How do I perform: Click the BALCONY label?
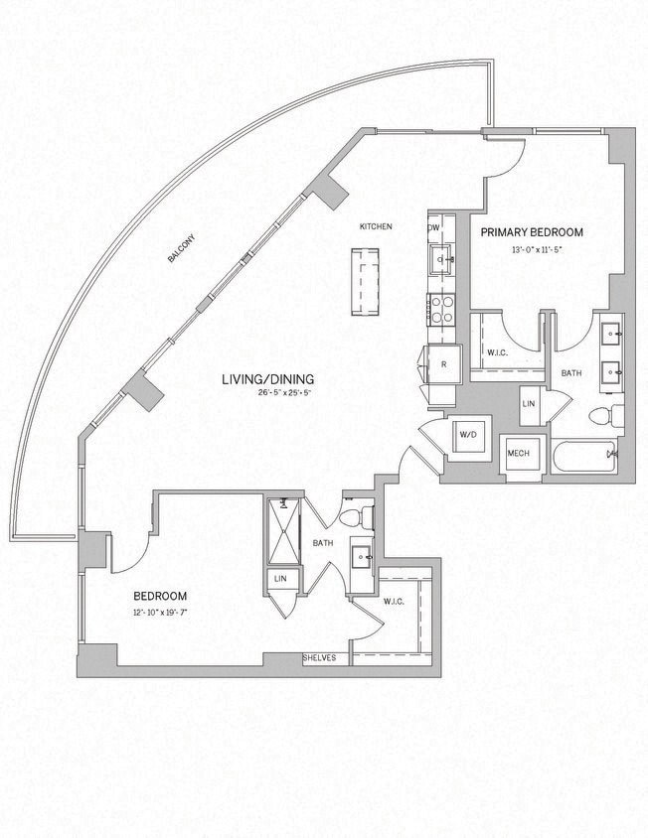182,248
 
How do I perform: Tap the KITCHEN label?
376,227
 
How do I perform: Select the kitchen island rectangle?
364,281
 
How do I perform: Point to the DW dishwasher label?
433,227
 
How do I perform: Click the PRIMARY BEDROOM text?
532,232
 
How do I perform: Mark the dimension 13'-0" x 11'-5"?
536,249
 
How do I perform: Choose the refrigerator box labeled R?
442,364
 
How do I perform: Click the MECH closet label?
518,454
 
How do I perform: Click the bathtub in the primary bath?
586,459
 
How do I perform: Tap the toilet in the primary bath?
606,415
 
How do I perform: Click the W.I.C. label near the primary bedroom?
498,352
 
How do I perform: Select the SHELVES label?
320,658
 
